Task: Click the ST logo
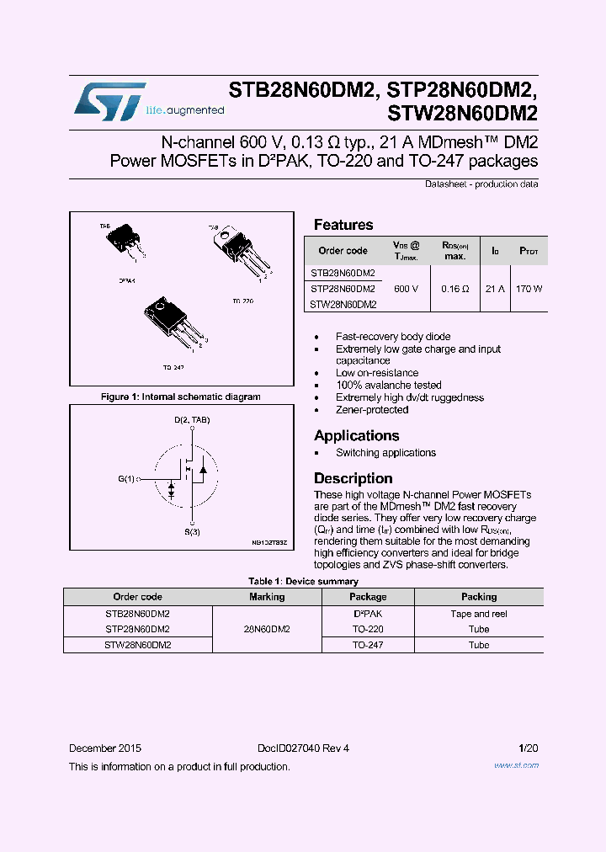[x=109, y=101]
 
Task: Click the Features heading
[x=343, y=225]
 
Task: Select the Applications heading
[x=356, y=435]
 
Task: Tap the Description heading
[x=353, y=478]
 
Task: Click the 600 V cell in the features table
[x=406, y=289]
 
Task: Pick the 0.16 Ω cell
[x=454, y=289]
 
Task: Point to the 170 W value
[x=529, y=289]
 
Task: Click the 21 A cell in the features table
[x=495, y=289]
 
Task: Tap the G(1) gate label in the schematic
[x=126, y=479]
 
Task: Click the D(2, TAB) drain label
[x=192, y=419]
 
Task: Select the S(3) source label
[x=193, y=532]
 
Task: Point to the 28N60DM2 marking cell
[x=267, y=629]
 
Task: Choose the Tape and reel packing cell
[x=479, y=614]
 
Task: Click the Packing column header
[x=479, y=597]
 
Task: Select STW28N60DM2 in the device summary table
[x=138, y=645]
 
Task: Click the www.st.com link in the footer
[x=516, y=765]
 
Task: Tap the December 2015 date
[x=105, y=748]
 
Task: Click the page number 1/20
[x=529, y=748]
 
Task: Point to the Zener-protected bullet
[x=372, y=410]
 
